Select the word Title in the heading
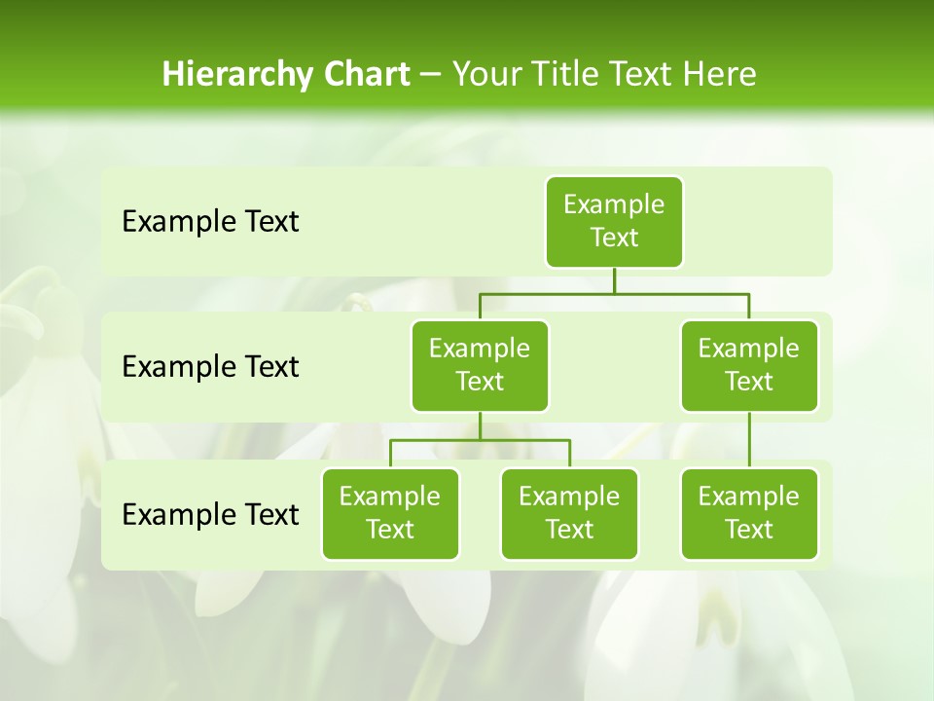(565, 74)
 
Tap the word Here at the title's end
(719, 74)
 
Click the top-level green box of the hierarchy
(614, 221)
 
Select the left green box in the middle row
(480, 365)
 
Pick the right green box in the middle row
(749, 365)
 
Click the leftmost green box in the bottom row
(390, 513)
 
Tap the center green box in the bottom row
(569, 513)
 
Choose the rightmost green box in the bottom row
(749, 513)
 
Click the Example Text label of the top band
(210, 222)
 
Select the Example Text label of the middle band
(210, 367)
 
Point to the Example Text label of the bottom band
(210, 514)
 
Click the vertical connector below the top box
(614, 280)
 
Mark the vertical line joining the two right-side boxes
(749, 440)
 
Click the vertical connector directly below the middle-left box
(480, 425)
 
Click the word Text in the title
(641, 74)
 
